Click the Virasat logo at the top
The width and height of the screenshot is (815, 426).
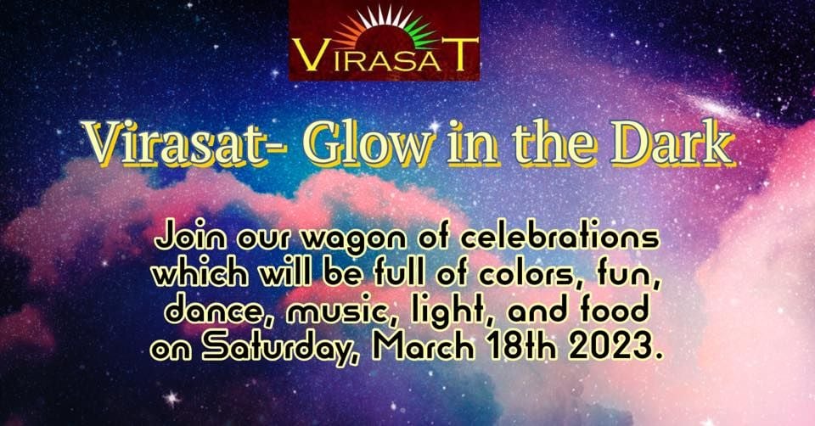click(384, 40)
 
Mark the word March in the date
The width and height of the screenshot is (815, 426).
click(424, 347)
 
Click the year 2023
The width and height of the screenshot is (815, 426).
click(611, 347)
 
